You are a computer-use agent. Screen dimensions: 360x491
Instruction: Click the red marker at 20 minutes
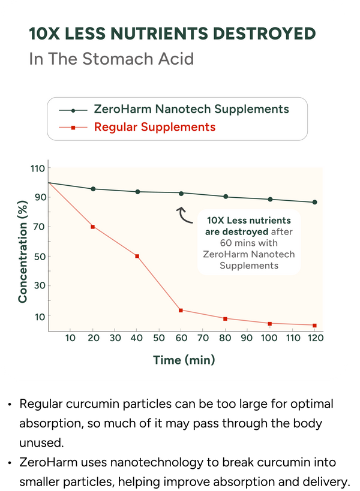tap(93, 227)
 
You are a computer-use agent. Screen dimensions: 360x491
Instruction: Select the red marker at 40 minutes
tap(137, 256)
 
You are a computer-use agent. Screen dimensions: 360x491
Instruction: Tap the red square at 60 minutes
tap(181, 311)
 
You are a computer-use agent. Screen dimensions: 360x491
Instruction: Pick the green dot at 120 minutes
tap(314, 202)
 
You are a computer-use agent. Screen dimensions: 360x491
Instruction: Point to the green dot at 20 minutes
tap(93, 189)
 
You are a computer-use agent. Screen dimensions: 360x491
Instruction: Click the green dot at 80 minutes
tap(226, 197)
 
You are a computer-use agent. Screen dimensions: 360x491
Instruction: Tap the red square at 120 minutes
tap(314, 326)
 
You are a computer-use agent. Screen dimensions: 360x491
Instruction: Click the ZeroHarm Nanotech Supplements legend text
tap(191, 109)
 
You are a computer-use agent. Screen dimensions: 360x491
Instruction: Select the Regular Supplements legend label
tap(155, 127)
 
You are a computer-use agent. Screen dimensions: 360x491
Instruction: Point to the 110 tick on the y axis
tap(38, 168)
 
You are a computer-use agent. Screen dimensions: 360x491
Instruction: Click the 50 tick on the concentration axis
tap(40, 257)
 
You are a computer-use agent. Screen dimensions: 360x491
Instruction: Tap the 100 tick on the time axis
tap(269, 338)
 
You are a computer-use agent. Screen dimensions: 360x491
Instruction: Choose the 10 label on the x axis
tap(70, 338)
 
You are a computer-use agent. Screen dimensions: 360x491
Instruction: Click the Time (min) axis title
tap(184, 360)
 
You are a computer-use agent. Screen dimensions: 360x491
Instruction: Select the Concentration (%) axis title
tap(23, 252)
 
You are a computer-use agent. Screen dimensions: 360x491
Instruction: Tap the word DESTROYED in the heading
tap(264, 34)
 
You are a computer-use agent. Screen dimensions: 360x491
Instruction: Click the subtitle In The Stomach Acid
tap(112, 59)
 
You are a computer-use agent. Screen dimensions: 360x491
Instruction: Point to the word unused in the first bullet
tap(41, 443)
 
